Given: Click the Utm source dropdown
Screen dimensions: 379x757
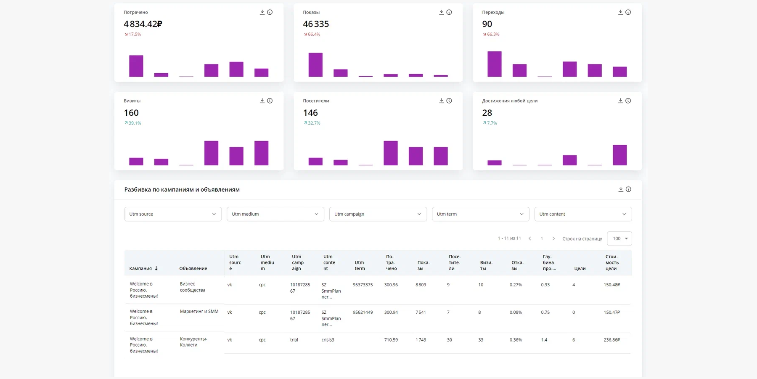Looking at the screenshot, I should [172, 214].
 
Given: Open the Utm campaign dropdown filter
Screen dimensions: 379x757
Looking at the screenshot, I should [378, 214].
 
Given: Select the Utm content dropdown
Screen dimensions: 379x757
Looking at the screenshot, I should [583, 214].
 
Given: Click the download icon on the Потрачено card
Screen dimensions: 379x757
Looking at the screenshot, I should [262, 12].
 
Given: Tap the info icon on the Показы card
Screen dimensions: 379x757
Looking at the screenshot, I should [449, 12].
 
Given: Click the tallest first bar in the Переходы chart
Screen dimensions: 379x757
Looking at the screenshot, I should [494, 64].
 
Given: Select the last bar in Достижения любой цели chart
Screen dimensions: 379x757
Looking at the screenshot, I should [619, 155].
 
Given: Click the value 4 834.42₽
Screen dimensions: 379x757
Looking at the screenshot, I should [143, 24].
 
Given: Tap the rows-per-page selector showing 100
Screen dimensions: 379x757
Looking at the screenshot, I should [619, 238].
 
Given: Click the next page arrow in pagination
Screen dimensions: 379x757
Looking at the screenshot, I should [553, 238].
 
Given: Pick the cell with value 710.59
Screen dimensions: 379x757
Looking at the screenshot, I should [391, 340].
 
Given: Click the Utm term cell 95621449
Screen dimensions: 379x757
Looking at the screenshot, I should [363, 312].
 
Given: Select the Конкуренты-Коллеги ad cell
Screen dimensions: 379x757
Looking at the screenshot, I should [193, 342].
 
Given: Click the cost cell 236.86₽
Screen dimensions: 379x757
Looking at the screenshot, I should [611, 340].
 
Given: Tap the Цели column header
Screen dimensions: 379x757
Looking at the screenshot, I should [580, 268].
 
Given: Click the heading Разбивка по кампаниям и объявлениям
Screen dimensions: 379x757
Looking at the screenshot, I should [182, 189].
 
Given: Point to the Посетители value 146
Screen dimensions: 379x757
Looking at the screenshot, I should [310, 113].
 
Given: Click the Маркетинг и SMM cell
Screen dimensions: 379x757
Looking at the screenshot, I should [199, 312].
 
